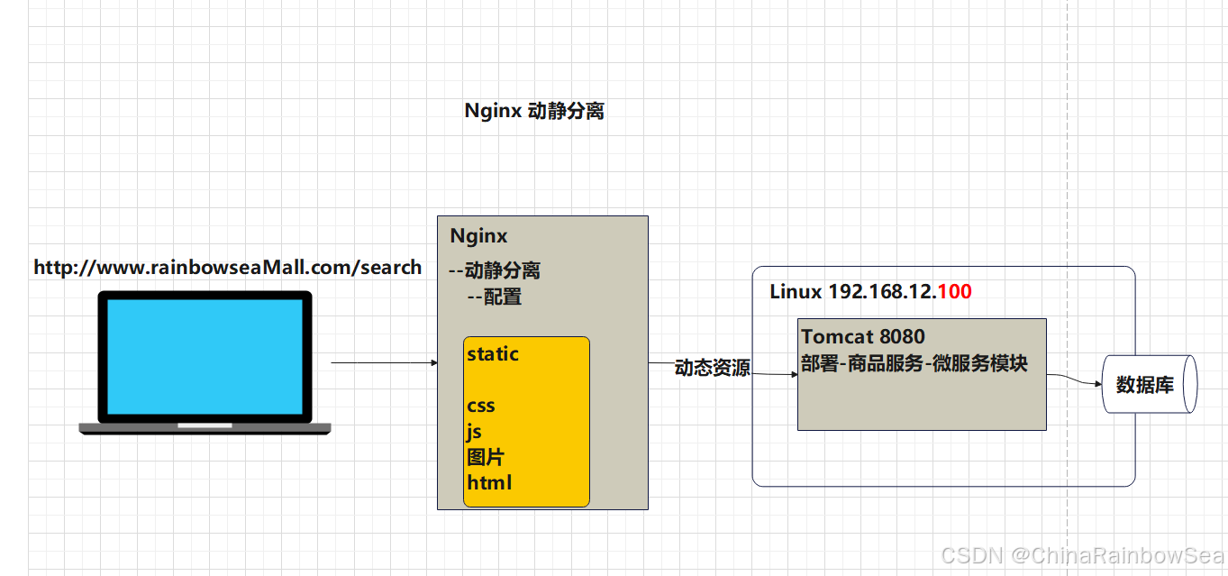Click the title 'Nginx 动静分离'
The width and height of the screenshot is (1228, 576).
(533, 111)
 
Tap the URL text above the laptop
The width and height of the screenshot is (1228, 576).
(227, 268)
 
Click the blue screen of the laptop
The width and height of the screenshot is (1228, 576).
(205, 356)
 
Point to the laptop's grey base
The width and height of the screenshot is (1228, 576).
(205, 429)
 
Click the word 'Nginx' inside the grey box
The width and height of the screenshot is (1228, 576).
(478, 236)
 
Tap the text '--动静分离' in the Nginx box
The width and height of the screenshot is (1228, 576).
(494, 270)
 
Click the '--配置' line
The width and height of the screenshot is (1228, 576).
(494, 297)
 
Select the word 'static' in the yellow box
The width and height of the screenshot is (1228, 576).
(493, 354)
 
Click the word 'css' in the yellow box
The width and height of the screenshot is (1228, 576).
(481, 406)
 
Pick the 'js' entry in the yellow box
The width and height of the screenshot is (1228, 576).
(474, 432)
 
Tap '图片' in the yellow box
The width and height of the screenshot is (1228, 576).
(485, 457)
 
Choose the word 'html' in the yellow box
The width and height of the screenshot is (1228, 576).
(489, 483)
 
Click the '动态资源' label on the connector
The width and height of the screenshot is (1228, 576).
(712, 368)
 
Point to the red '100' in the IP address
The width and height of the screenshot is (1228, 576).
(954, 292)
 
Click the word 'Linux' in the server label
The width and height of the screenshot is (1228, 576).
(796, 292)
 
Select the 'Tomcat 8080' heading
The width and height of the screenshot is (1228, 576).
(862, 337)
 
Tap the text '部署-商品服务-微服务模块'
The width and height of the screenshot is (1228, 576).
(914, 363)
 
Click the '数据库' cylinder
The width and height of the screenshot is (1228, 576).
(1145, 385)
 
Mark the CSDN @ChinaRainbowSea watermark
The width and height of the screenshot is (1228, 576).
(1083, 555)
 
